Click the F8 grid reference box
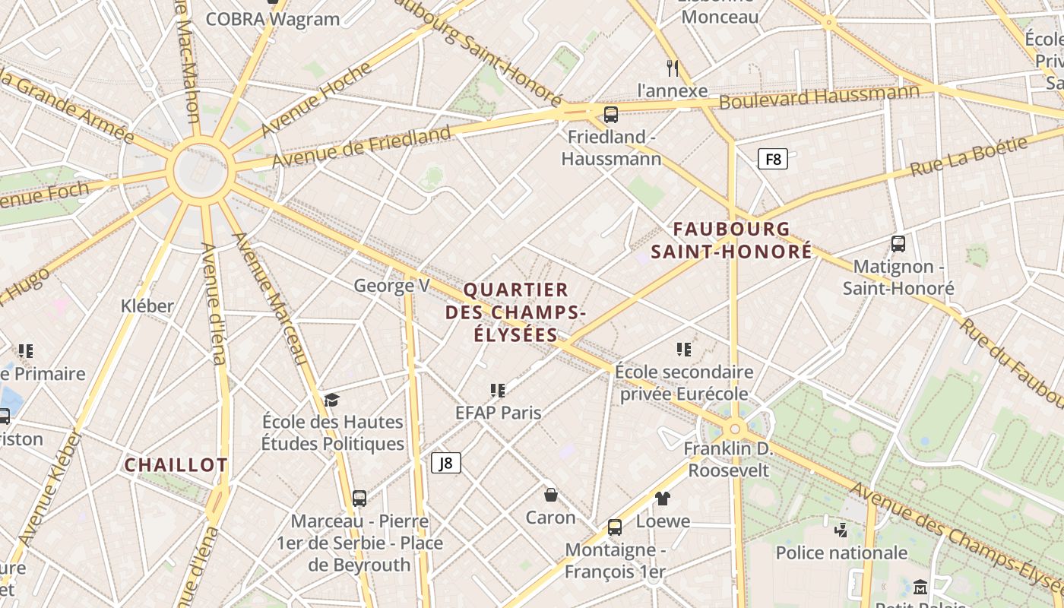772,160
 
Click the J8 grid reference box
446,462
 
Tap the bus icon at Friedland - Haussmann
610,115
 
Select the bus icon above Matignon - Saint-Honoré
898,244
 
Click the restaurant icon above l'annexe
672,68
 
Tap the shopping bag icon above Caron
551,495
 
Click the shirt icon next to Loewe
663,499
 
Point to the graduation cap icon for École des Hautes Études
331,400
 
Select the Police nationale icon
841,530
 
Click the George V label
391,286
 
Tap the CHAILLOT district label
176,465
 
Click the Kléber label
147,306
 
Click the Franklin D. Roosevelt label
728,459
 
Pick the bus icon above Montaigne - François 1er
614,527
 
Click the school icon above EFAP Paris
498,391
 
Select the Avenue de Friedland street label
362,147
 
